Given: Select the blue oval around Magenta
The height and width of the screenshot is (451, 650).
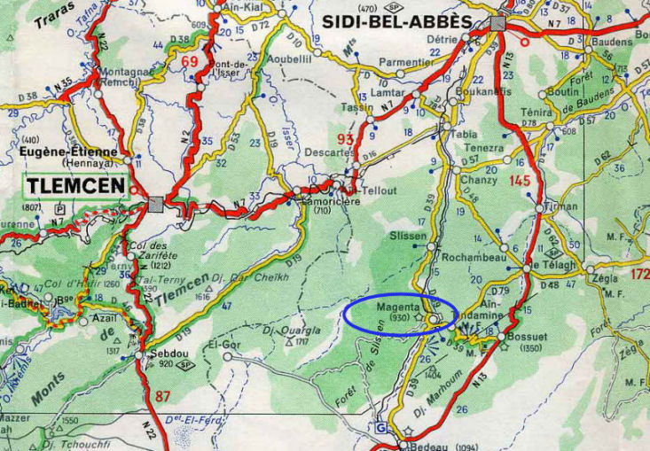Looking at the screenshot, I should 401,315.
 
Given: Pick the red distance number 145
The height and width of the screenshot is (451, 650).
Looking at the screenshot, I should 520,181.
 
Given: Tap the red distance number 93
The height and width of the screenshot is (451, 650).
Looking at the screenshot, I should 346,140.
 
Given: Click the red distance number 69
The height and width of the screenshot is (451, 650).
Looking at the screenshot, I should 189,61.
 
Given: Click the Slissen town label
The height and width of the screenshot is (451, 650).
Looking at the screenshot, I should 409,237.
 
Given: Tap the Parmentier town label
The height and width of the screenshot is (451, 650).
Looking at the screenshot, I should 403,62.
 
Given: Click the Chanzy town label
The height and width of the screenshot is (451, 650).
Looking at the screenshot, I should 479,181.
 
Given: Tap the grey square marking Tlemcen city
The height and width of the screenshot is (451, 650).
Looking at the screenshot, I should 156,204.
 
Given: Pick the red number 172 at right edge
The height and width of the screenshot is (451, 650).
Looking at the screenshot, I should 638,276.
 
